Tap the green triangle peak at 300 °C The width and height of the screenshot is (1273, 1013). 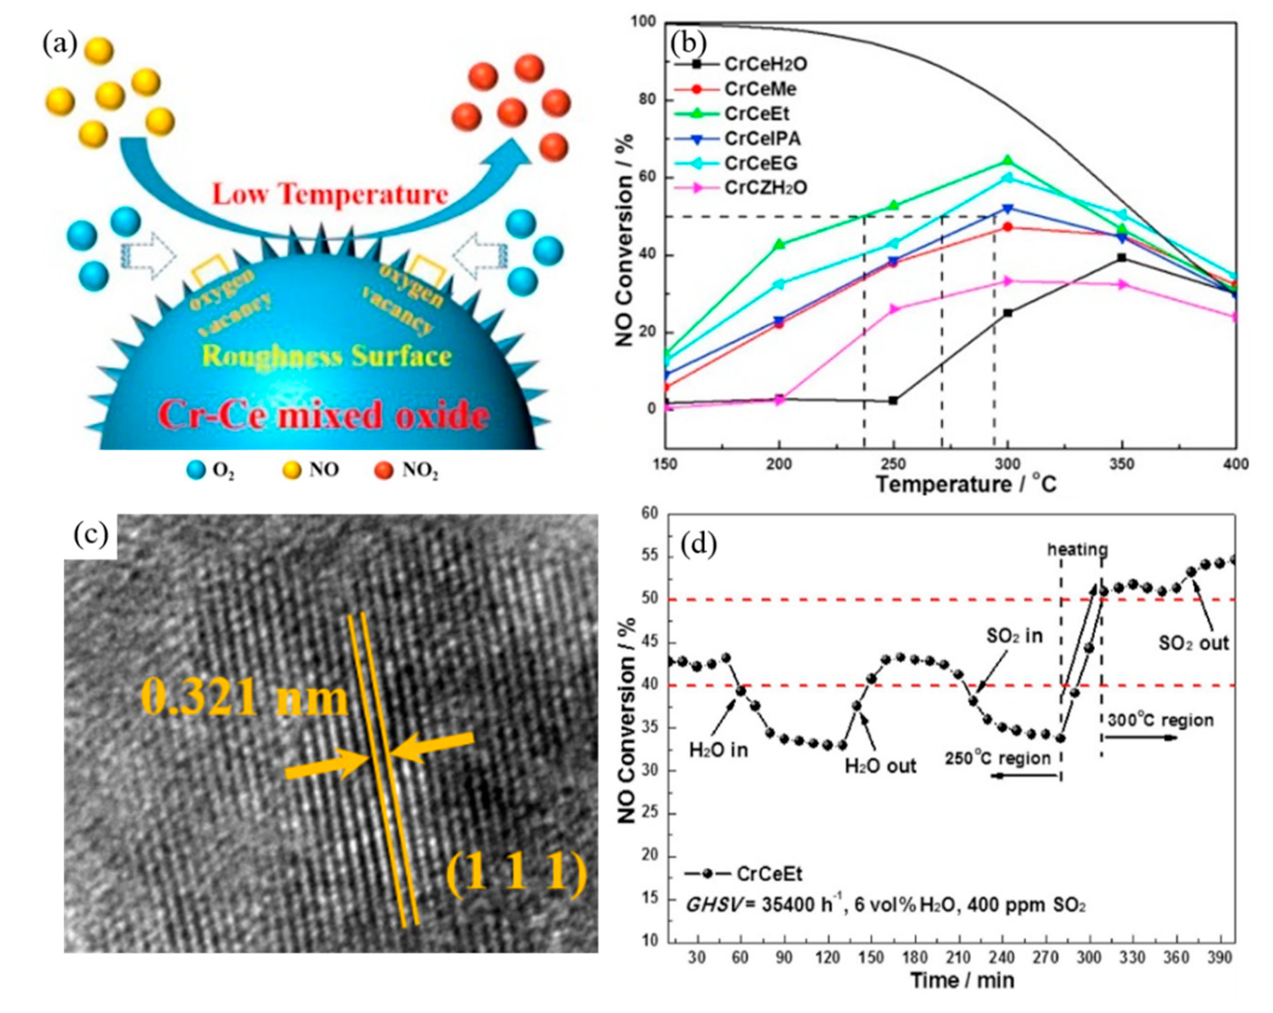(1007, 161)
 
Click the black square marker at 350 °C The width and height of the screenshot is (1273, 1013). (1122, 257)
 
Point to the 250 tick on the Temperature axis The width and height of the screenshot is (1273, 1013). (893, 464)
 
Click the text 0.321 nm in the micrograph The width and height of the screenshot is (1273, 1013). (244, 699)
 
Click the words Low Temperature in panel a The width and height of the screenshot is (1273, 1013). (331, 194)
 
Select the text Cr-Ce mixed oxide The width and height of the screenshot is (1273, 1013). (324, 416)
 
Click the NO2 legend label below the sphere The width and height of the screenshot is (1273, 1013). (420, 471)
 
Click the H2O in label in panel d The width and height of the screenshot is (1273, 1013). (719, 750)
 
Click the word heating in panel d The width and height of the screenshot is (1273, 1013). (1078, 550)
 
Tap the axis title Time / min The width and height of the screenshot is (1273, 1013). (962, 981)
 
